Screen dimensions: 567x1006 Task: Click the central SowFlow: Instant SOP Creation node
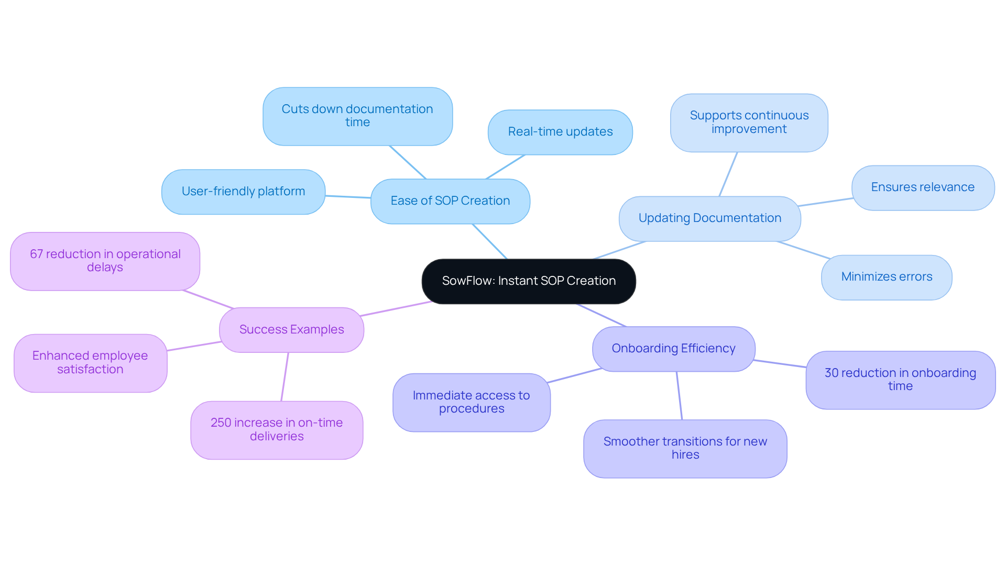pyautogui.click(x=528, y=281)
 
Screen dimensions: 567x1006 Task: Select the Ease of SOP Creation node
pyautogui.click(x=450, y=201)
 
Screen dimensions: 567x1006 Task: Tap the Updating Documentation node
pyautogui.click(x=709, y=218)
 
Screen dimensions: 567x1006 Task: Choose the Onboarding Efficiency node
pyautogui.click(x=673, y=349)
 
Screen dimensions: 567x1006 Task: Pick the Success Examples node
pyautogui.click(x=291, y=330)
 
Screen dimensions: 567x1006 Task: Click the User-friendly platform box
pyautogui.click(x=243, y=192)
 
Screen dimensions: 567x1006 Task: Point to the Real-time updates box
pyautogui.click(x=560, y=132)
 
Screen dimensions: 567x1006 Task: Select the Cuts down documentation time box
pyautogui.click(x=357, y=116)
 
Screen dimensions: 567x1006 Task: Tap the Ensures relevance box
pyautogui.click(x=923, y=187)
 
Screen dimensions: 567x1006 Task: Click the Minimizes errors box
pyautogui.click(x=887, y=277)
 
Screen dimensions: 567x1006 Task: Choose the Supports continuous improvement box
pyautogui.click(x=749, y=123)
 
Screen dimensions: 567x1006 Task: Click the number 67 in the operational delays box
pyautogui.click(x=36, y=254)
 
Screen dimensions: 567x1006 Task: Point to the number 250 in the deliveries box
pyautogui.click(x=220, y=423)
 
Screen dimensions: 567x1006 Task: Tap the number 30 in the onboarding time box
pyautogui.click(x=832, y=373)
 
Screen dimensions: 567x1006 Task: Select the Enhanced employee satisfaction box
pyautogui.click(x=90, y=363)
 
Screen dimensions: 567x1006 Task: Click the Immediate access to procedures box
pyautogui.click(x=471, y=402)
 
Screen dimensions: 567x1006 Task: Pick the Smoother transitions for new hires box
pyautogui.click(x=685, y=448)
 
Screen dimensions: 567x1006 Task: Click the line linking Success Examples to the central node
pyautogui.click(x=396, y=309)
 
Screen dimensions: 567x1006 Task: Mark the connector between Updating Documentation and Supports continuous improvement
pyautogui.click(x=728, y=174)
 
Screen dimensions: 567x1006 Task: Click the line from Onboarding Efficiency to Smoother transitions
pyautogui.click(x=679, y=396)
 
